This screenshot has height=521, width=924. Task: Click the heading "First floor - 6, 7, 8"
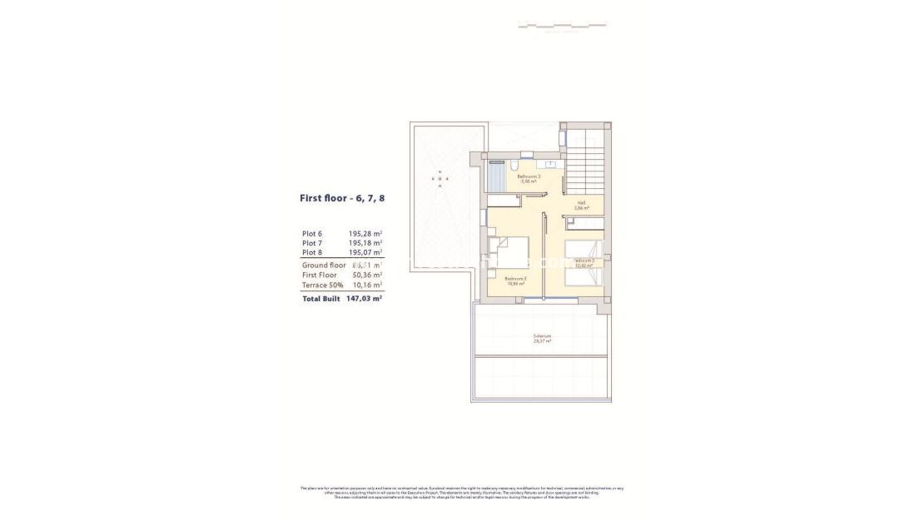coord(342,199)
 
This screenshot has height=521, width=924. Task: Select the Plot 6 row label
coord(312,234)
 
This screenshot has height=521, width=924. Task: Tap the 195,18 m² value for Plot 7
coord(365,243)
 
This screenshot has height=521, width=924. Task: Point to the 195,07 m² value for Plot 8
coord(365,252)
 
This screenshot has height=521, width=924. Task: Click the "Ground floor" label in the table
coord(324,265)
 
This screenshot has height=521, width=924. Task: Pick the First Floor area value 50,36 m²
coord(365,275)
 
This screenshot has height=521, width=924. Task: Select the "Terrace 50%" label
coord(323,285)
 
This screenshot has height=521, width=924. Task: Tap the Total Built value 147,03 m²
coord(364,298)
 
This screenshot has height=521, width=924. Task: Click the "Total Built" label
coord(321,298)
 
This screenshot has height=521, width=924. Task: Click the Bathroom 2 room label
coord(529,178)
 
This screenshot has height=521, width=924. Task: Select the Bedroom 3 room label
coord(515,280)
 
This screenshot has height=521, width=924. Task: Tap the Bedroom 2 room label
coord(585,263)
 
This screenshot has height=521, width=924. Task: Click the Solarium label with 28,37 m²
coord(542,339)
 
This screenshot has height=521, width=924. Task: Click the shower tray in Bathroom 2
coord(496,176)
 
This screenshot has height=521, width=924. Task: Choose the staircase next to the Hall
coord(587,158)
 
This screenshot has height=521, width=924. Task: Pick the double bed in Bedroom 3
coord(509,254)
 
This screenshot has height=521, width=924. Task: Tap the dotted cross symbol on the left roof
coord(439,177)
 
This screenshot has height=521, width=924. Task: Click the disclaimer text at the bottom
coord(462,492)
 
